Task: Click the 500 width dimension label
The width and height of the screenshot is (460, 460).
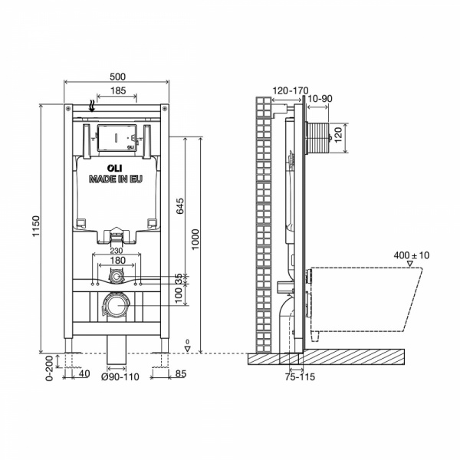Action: tap(117, 77)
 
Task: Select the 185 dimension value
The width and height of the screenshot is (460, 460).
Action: tap(118, 90)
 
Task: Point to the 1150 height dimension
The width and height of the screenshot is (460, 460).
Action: tap(36, 226)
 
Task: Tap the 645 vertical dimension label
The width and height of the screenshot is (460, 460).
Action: tap(180, 206)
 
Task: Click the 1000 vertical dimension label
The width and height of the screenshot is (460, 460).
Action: tap(195, 239)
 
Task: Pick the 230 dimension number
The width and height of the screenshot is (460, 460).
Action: tap(117, 251)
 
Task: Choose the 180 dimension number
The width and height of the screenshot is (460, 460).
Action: tap(117, 260)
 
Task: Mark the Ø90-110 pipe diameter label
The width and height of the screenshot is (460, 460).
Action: tap(120, 376)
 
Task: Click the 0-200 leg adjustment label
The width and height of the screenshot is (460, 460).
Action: tap(50, 368)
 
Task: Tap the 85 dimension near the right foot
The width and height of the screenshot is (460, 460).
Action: tap(181, 374)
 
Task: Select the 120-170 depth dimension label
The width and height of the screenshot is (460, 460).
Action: tap(291, 90)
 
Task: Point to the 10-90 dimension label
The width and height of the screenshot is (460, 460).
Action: tap(320, 99)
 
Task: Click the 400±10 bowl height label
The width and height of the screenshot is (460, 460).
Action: tap(411, 255)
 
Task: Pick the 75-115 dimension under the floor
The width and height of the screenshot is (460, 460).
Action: tap(300, 376)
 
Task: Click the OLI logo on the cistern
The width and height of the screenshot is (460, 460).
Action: tap(115, 169)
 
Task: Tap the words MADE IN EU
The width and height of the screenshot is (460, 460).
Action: tap(116, 179)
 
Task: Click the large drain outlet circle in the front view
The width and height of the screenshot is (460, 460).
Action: tap(117, 305)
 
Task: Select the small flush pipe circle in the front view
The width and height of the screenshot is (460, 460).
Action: tap(117, 276)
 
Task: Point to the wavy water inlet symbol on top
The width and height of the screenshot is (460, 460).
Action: tap(92, 106)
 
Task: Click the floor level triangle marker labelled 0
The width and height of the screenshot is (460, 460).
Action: tap(188, 349)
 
